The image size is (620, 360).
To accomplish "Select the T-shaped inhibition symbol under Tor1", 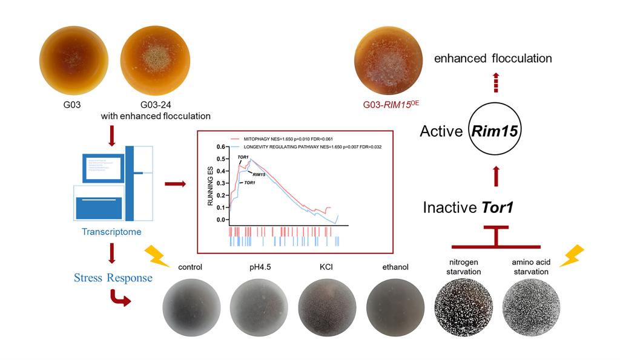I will (496, 240).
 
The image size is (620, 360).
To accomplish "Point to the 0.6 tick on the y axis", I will (220, 146).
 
